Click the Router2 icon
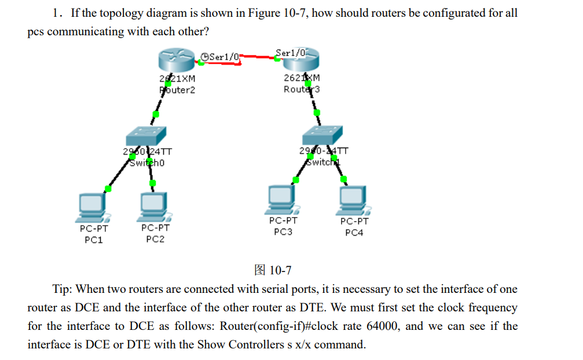(177, 60)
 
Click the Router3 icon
(301, 60)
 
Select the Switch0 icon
(145, 136)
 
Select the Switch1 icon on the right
(323, 135)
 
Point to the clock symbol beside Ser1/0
(204, 56)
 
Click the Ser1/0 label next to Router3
(289, 53)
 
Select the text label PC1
(93, 239)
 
